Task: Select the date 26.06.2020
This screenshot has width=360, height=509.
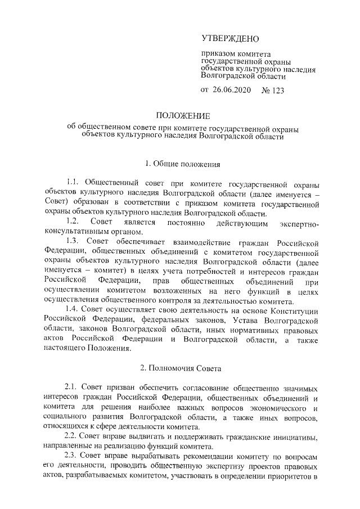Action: (232, 90)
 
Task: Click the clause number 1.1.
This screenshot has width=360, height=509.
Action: (74, 183)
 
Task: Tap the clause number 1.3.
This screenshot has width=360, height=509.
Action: (74, 242)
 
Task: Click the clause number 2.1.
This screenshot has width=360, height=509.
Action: (74, 388)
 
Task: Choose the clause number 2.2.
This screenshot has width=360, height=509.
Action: (74, 436)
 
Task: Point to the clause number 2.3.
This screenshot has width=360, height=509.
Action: (74, 455)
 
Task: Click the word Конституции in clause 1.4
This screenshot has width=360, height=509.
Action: (292, 310)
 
